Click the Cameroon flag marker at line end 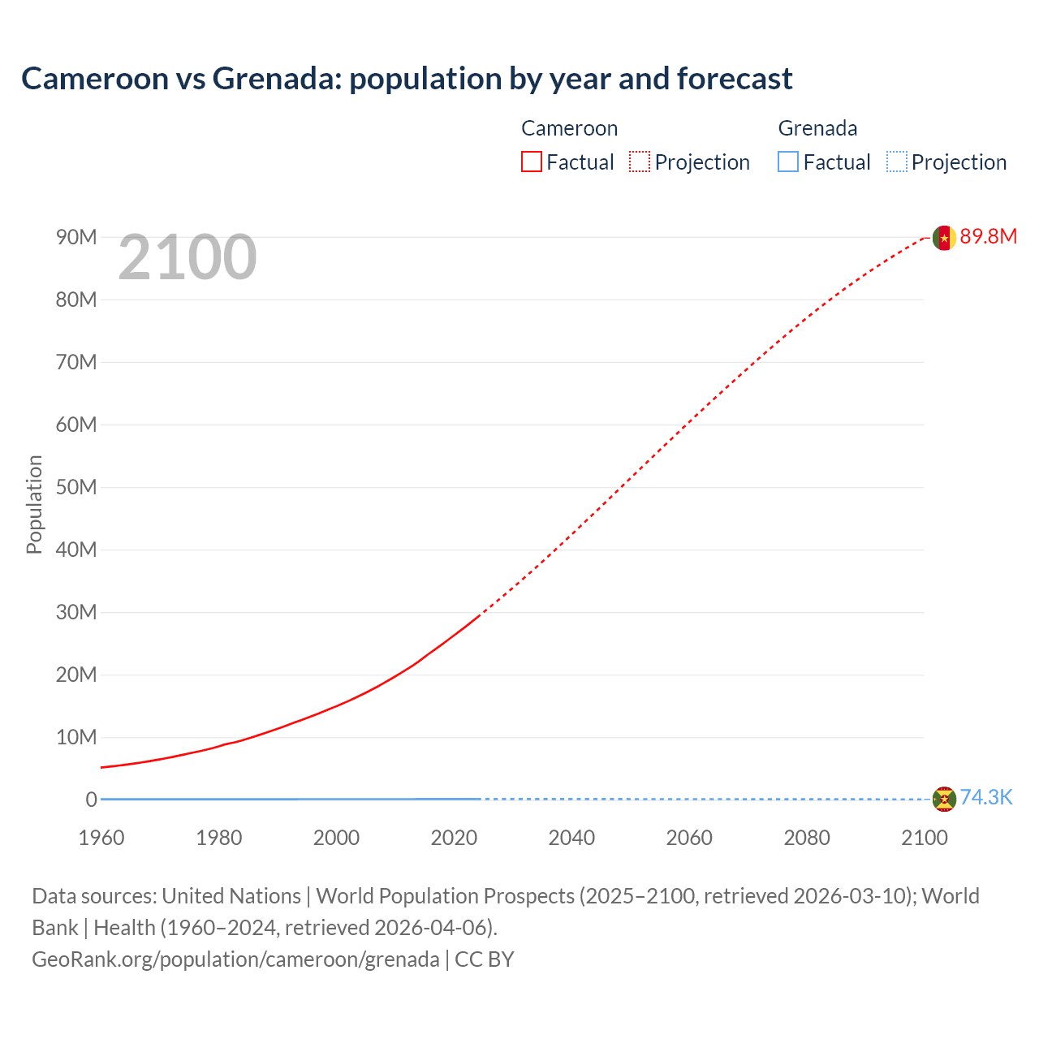coord(944,237)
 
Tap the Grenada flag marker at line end coord(944,799)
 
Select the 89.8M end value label coord(988,236)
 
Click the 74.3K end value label coord(986,797)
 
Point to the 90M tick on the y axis coord(76,237)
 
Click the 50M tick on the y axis coord(76,487)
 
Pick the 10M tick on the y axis coord(76,737)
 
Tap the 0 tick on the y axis coord(91,800)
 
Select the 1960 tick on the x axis coord(101,838)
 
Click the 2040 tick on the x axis coord(571,838)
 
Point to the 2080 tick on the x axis coord(807,838)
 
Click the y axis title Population coord(34,504)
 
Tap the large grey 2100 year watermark coord(188,257)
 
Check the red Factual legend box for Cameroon coord(532,162)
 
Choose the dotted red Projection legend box coord(640,162)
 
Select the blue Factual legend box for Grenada coord(788,162)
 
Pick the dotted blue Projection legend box coord(896,162)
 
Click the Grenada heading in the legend coord(817,128)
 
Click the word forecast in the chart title coord(735,79)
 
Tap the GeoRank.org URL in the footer coord(235,959)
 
